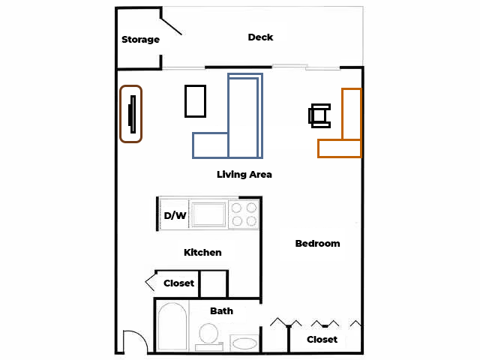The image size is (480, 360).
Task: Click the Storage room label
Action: tap(140, 40)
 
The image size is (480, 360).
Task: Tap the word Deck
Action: tap(260, 37)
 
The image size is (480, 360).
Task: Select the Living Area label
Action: tap(244, 175)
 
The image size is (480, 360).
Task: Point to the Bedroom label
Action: tap(317, 243)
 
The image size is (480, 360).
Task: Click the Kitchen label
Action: tap(202, 253)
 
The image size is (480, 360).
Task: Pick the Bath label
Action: tap(222, 311)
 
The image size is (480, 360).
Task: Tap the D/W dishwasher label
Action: tap(175, 215)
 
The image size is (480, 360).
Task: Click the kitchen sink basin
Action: tap(208, 214)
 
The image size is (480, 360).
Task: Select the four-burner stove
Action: tap(244, 214)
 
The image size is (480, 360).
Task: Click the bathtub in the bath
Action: tap(172, 325)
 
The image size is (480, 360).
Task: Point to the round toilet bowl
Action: tap(208, 333)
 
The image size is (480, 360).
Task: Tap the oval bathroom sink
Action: tap(244, 343)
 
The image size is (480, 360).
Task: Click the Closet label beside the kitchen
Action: tap(178, 283)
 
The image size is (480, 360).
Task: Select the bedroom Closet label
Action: tap(322, 340)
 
